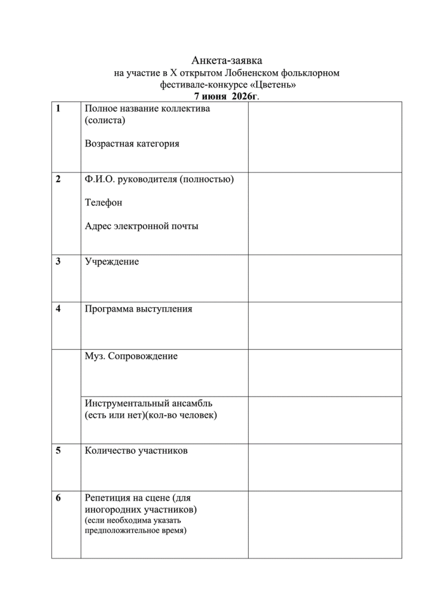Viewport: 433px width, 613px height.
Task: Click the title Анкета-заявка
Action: [227, 60]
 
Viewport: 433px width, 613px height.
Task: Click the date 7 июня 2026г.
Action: [226, 96]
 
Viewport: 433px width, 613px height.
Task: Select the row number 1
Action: [57, 109]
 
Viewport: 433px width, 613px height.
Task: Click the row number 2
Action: [57, 179]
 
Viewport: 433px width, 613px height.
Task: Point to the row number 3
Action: [57, 262]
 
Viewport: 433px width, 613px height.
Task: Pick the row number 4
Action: [57, 309]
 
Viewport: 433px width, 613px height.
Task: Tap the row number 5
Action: [57, 451]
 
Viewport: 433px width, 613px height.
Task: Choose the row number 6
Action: [57, 497]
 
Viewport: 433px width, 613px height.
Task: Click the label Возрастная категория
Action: [132, 144]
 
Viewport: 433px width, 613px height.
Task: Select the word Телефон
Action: [103, 202]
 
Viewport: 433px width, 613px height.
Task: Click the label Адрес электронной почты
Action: [142, 226]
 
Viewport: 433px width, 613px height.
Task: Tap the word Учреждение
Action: [112, 262]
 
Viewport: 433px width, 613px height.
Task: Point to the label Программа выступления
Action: [139, 309]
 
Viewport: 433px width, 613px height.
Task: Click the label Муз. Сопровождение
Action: [132, 356]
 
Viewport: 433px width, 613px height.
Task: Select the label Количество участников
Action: [136, 451]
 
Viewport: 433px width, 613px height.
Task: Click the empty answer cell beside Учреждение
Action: [325, 278]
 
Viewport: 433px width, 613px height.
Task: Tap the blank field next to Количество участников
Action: [325, 467]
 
